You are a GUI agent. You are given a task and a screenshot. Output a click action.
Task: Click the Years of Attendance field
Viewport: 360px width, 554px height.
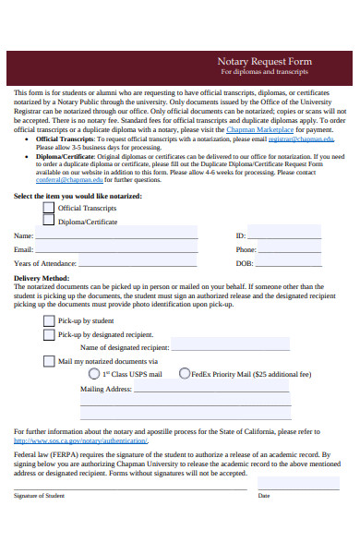(x=138, y=263)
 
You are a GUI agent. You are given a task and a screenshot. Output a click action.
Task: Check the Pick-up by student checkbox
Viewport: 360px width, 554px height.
(x=48, y=319)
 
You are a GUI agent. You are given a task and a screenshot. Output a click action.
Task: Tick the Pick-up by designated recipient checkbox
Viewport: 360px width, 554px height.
(x=48, y=333)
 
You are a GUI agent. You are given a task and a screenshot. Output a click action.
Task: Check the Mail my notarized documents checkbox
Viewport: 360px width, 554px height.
(x=48, y=361)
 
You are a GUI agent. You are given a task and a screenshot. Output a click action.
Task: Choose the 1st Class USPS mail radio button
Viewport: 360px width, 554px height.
(x=93, y=374)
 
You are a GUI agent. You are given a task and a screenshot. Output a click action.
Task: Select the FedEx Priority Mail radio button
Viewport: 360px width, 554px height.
(x=184, y=374)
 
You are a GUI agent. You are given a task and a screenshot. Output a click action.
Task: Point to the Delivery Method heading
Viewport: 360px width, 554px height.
(x=42, y=277)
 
